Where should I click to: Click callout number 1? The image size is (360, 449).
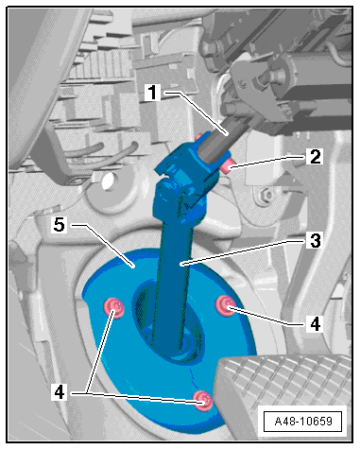(153, 93)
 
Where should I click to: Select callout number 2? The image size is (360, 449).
(315, 157)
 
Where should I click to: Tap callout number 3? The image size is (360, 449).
(315, 241)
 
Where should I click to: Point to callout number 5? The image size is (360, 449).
(60, 225)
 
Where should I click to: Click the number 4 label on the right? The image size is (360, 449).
(315, 323)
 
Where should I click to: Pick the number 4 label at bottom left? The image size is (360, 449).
(60, 392)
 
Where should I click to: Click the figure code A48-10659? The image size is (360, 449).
(303, 422)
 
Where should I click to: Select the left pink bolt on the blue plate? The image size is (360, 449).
(114, 308)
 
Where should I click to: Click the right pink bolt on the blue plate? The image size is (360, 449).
(226, 305)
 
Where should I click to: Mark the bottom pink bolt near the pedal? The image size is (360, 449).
(203, 401)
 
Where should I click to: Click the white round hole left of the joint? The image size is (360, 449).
(107, 181)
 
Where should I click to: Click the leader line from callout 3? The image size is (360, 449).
(242, 252)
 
